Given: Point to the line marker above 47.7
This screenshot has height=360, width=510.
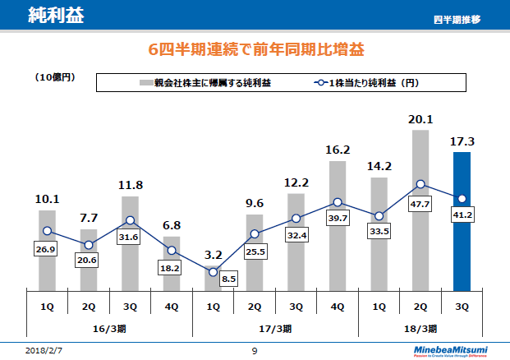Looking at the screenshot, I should [x=420, y=184].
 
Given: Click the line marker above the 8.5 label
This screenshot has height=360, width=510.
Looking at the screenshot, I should [x=213, y=272].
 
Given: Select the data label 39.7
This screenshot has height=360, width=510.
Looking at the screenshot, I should [x=338, y=218].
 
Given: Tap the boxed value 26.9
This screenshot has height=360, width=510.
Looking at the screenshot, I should [x=47, y=247].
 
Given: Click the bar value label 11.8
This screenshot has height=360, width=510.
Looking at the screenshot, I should [x=130, y=185].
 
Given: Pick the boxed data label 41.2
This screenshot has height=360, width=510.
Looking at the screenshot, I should [x=462, y=214].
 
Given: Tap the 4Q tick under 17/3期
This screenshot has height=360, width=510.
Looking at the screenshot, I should [x=338, y=307].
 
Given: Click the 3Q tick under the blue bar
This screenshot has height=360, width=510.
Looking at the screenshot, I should [x=462, y=307].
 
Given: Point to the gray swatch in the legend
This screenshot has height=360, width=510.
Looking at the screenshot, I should [x=145, y=83].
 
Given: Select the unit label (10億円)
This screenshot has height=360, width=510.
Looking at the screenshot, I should [x=56, y=77].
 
